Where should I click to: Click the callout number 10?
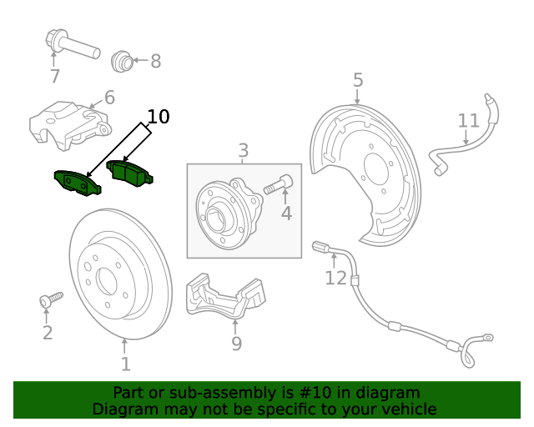click(158, 117)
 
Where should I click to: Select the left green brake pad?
click(77, 182)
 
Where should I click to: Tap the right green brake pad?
click(133, 174)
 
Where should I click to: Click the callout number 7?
click(55, 77)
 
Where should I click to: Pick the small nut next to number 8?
click(123, 60)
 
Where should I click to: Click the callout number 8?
click(155, 61)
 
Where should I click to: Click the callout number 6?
click(109, 98)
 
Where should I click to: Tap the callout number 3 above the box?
click(243, 151)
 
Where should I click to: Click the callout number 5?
click(358, 80)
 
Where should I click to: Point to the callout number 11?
click(469, 122)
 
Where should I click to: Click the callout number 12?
click(335, 278)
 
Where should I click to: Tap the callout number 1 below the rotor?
click(125, 364)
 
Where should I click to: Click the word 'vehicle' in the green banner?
click(405, 409)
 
